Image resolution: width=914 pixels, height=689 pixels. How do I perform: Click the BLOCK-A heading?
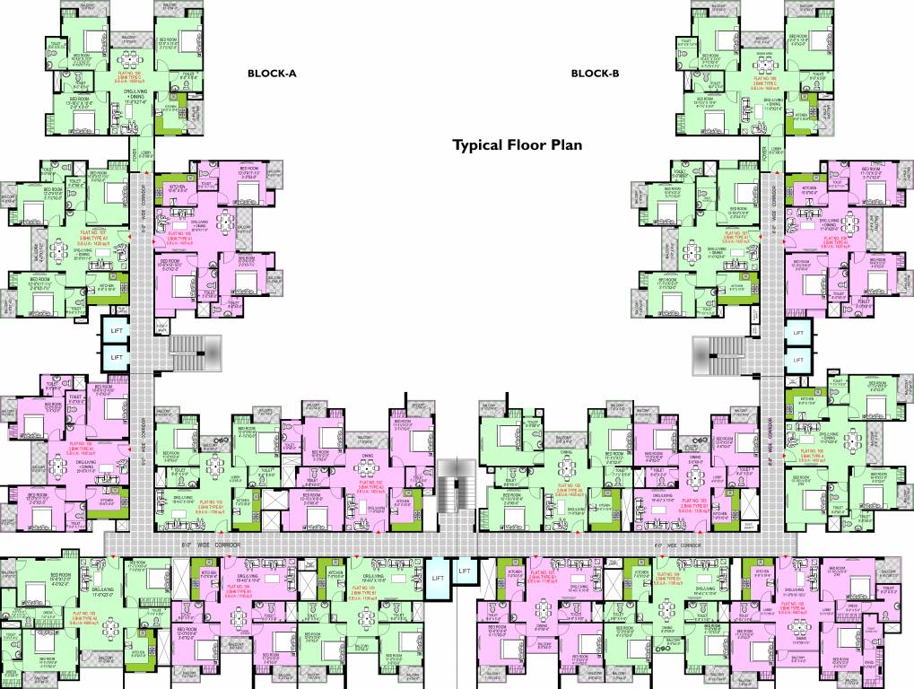271,74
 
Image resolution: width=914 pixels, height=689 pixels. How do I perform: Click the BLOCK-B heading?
595,74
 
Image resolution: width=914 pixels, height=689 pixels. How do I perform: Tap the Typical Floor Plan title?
518,144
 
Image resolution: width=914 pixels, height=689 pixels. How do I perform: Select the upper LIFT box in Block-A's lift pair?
116,331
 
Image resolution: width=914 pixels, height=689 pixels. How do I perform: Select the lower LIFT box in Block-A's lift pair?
116,357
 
